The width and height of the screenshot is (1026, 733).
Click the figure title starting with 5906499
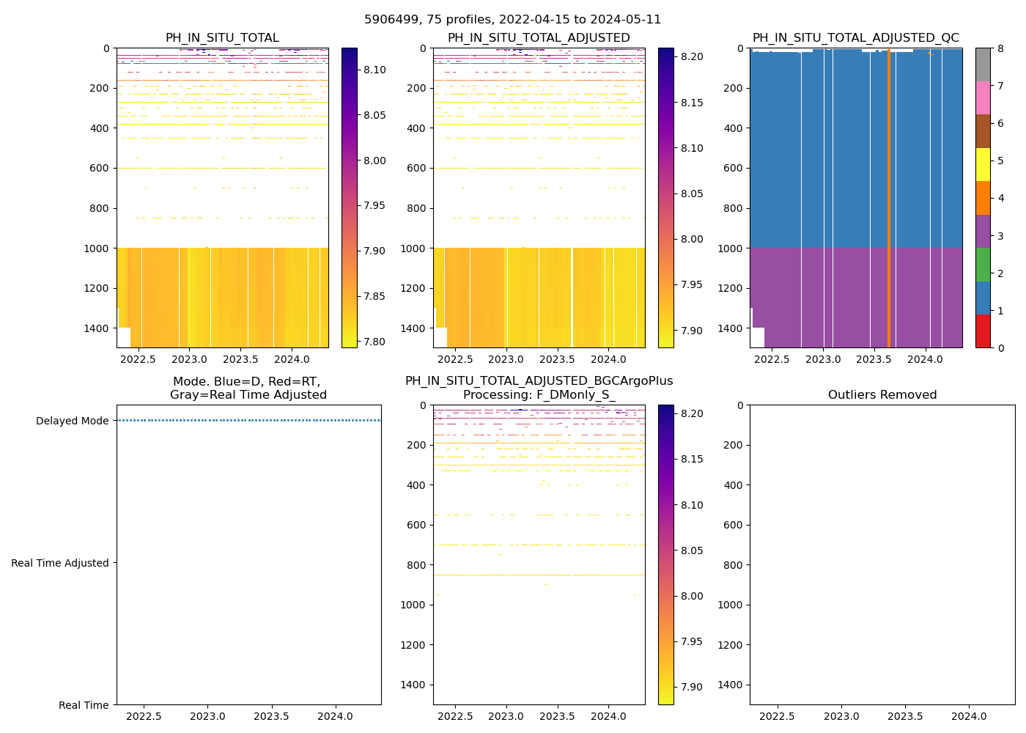click(x=512, y=20)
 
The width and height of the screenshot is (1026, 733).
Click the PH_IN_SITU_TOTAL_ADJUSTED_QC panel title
click(x=855, y=38)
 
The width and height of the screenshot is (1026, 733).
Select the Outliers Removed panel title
click(x=882, y=395)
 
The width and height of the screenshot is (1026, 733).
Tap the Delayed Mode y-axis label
click(x=72, y=421)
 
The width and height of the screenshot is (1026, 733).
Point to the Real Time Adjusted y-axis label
click(x=60, y=563)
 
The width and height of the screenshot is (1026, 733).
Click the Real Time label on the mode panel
click(x=84, y=705)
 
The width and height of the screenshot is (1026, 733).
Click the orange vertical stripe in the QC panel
click(x=889, y=198)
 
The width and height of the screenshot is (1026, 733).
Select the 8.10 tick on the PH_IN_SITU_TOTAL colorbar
click(x=374, y=70)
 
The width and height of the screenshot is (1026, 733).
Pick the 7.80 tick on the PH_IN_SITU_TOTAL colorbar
click(x=374, y=342)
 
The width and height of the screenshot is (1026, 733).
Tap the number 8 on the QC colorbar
click(x=999, y=49)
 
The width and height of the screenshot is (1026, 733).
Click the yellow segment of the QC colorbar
click(x=983, y=164)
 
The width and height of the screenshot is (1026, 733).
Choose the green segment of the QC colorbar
click(x=983, y=265)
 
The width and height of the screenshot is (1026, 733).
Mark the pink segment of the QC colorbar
click(x=983, y=97)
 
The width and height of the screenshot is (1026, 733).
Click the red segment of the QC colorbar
click(x=983, y=331)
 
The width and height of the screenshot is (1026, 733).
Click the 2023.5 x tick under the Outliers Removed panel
click(x=906, y=716)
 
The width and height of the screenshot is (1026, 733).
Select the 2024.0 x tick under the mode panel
click(x=336, y=716)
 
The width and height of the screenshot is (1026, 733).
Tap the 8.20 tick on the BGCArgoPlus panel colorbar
click(x=691, y=413)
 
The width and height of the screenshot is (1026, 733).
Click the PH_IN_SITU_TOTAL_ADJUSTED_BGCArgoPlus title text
click(x=539, y=381)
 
